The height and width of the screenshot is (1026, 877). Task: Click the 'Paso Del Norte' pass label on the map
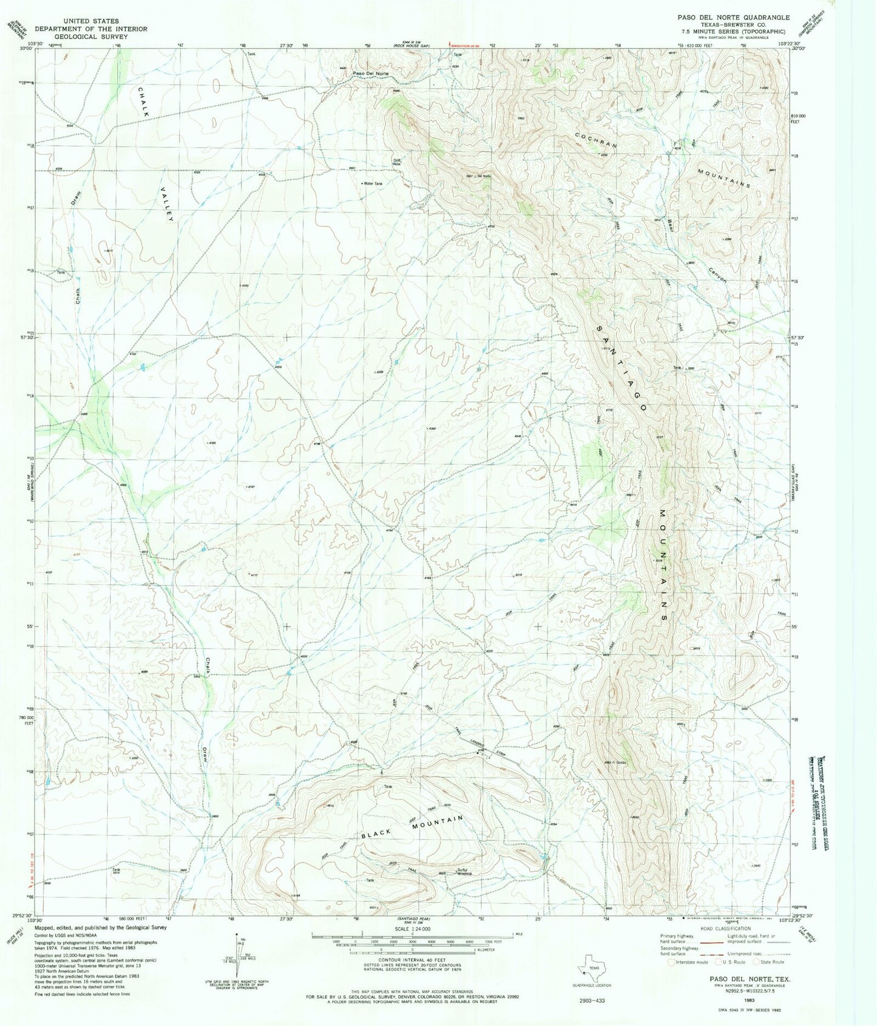[371, 73]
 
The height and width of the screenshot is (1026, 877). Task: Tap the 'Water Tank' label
[373, 183]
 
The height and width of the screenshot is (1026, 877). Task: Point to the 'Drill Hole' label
[396, 162]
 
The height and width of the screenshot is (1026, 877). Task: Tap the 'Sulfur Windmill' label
[464, 871]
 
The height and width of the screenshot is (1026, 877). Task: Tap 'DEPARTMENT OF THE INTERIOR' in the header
[90, 28]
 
